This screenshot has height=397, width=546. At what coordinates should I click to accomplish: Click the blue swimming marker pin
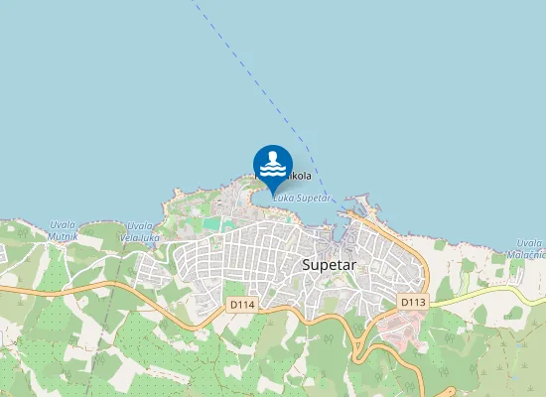273,165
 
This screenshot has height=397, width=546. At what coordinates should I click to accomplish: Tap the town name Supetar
329,266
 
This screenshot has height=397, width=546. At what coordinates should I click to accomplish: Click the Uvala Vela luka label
140,232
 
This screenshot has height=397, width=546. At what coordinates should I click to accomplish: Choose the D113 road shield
412,301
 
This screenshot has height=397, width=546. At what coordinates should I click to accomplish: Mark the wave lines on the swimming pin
273,170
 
